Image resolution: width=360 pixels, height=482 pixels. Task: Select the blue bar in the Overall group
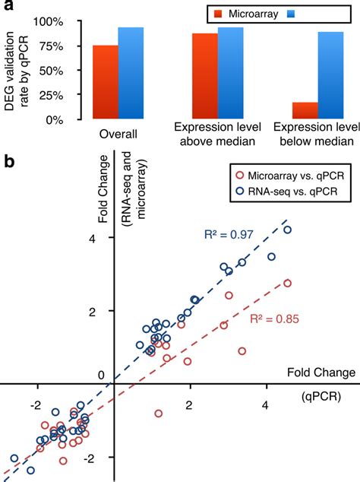coord(130,73)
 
